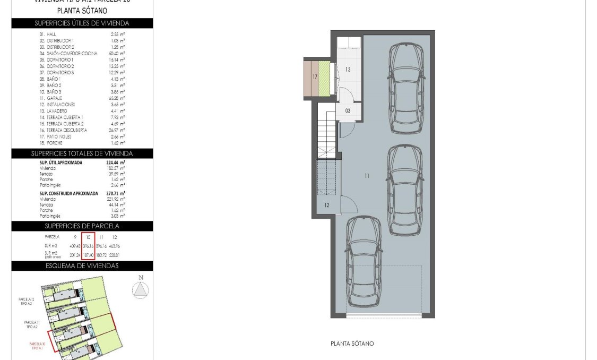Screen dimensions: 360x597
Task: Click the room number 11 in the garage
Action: coord(367,176)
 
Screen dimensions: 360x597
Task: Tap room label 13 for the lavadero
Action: coord(348,70)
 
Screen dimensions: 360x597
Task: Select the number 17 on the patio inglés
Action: coord(315,77)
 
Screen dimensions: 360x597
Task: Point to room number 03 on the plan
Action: coord(348,111)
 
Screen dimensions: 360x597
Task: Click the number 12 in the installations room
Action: coord(326,205)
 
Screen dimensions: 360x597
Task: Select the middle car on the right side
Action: coord(405,190)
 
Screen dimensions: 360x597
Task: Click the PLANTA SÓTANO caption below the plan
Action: coord(352,344)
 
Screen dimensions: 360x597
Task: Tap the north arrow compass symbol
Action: coord(141,289)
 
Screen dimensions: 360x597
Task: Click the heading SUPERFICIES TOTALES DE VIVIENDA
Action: coord(82,153)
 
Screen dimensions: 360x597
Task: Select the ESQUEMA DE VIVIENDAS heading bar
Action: coord(82,265)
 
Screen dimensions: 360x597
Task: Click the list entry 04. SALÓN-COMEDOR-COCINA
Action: coord(60,54)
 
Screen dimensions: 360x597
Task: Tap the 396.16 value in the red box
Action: coord(88,246)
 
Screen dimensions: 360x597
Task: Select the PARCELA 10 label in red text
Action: coord(37,345)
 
